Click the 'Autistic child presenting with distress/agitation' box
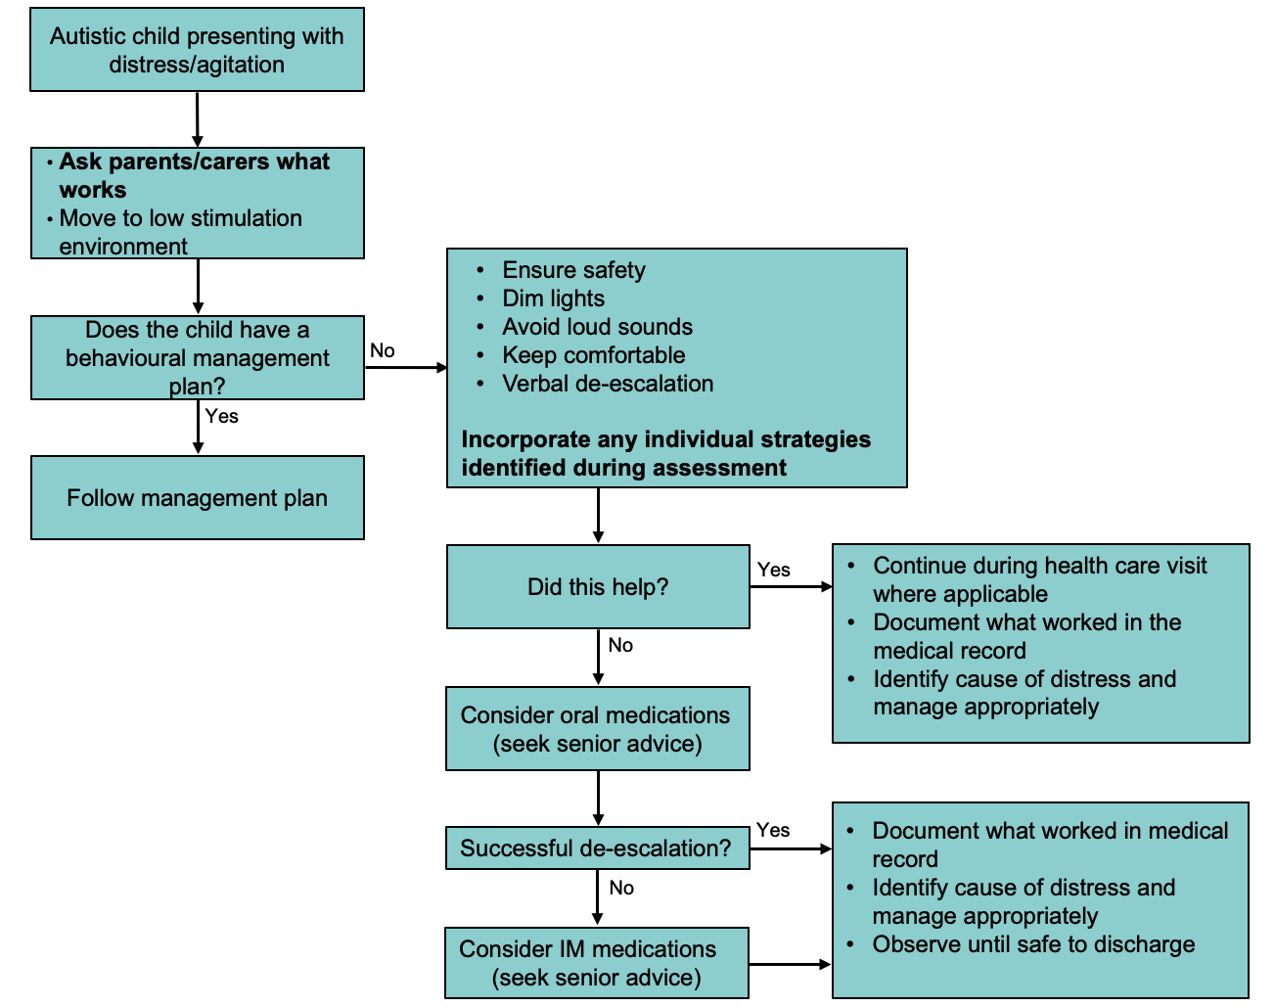tap(197, 50)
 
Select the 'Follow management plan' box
tap(197, 497)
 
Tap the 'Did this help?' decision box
tap(598, 586)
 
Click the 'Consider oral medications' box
tap(597, 728)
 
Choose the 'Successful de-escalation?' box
tap(596, 847)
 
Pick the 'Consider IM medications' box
tap(596, 962)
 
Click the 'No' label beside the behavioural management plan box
tap(383, 350)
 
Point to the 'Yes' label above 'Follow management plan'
tap(222, 416)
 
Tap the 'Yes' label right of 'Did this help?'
tap(773, 570)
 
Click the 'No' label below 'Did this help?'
tap(620, 645)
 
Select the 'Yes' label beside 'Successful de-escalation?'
tap(772, 830)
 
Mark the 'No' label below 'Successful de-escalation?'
tap(621, 888)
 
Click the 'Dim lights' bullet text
tap(553, 298)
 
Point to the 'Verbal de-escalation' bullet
tap(608, 384)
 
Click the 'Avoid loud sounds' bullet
tap(597, 327)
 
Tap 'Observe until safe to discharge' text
tap(1033, 944)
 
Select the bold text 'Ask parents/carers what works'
tap(193, 174)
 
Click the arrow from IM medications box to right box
tap(790, 964)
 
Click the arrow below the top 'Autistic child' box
tap(198, 119)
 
